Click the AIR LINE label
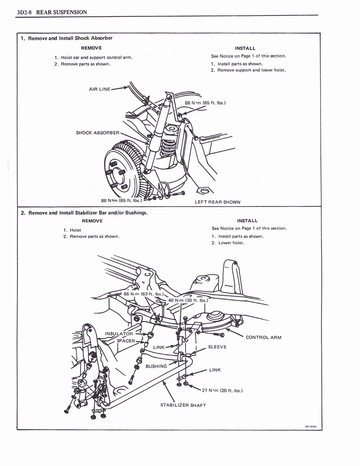click(100, 89)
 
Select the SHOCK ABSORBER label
click(97, 133)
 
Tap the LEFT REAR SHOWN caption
click(218, 202)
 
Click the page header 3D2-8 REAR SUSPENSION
click(51, 12)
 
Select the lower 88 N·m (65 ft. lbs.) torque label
click(121, 200)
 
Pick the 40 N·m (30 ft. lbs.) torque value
click(188, 300)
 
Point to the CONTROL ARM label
click(264, 338)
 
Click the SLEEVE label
click(217, 347)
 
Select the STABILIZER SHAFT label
click(183, 405)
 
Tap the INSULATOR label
click(119, 334)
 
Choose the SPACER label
click(126, 340)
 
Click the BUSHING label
click(156, 366)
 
